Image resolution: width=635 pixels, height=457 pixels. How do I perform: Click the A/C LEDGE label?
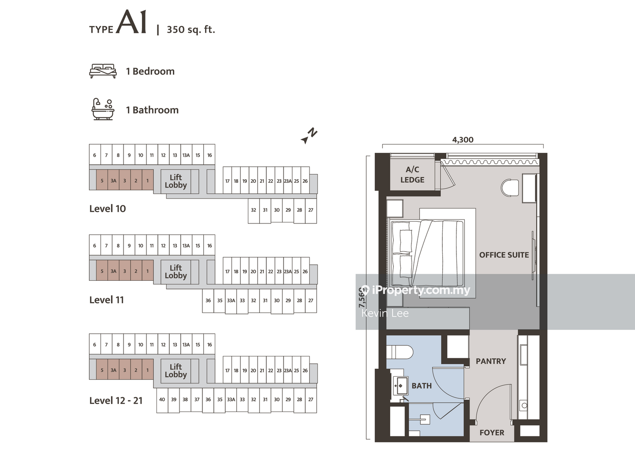[x=412, y=174]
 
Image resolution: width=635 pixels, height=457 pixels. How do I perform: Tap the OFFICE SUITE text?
[x=504, y=255]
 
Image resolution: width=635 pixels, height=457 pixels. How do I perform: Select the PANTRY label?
[x=491, y=361]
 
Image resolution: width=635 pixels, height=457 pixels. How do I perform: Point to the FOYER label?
[x=492, y=433]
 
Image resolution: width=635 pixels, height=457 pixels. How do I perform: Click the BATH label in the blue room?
[x=422, y=386]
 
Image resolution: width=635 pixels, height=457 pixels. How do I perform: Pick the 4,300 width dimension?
[x=463, y=140]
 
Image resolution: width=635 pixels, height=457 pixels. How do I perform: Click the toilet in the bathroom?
[x=400, y=352]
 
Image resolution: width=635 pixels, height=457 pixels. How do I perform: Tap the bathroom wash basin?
[x=400, y=386]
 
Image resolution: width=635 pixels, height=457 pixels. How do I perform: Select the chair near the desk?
[x=509, y=187]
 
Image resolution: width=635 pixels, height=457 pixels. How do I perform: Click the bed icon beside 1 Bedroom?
[x=103, y=71]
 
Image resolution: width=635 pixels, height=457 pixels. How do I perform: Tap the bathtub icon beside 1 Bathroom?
[x=103, y=110]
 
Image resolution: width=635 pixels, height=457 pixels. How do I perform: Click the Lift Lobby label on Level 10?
[x=176, y=181]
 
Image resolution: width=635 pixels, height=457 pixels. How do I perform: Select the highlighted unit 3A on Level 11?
[x=113, y=271]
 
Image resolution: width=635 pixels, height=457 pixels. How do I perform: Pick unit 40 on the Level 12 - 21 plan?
[x=162, y=399]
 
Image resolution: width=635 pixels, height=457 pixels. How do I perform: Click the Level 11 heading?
[x=107, y=300]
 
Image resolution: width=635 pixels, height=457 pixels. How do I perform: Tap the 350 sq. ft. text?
[x=191, y=30]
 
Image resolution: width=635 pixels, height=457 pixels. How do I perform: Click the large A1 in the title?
[x=131, y=22]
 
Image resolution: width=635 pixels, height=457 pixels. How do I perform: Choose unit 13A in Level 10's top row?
[x=186, y=155]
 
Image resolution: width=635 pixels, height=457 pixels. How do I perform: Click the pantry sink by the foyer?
[x=524, y=405]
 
